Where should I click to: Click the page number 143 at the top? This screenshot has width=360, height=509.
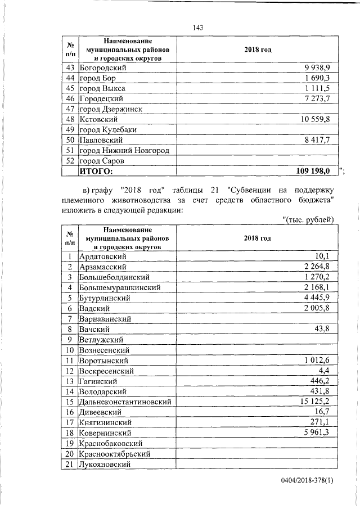coord(197,28)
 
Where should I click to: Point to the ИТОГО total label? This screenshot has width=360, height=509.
coord(96,171)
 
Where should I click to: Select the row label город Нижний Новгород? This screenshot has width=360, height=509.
coord(124,150)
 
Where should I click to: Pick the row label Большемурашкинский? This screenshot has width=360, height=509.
coord(120,287)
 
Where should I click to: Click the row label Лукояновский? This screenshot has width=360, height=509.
coord(105,465)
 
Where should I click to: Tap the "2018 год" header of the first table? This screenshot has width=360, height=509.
coord(258,50)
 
